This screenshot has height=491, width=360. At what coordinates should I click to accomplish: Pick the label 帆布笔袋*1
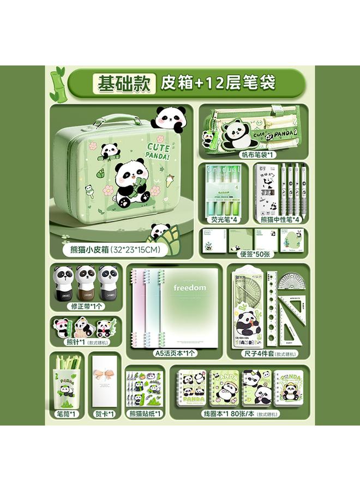point(255,154)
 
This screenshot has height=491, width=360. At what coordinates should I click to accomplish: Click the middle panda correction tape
point(86,283)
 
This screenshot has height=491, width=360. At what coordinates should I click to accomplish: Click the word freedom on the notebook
point(190,288)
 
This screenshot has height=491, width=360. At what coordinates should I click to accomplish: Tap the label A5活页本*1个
point(175,353)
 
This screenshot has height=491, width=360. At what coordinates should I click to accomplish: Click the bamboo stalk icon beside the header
point(56,83)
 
